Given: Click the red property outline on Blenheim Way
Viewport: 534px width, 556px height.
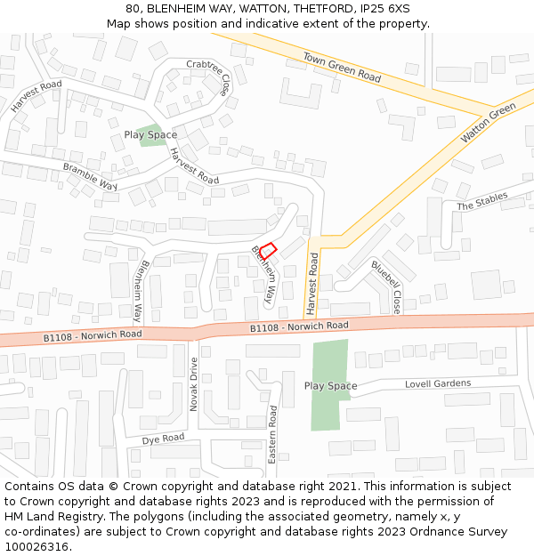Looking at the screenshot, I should (268, 251).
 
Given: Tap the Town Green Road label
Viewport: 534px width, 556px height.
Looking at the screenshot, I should (342, 67).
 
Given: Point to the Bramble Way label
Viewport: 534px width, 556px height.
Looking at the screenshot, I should (90, 176).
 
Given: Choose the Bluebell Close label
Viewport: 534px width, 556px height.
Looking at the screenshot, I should (386, 286).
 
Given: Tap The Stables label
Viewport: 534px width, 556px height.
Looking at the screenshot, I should (482, 201).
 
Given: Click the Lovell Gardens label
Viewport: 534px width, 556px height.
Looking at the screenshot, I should (438, 383).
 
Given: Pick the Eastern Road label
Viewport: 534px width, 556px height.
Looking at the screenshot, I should (273, 434).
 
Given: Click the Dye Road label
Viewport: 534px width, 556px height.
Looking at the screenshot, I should (163, 439).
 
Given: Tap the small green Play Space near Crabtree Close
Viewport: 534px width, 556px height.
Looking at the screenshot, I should (151, 135).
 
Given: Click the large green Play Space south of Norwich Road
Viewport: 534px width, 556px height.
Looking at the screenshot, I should (329, 384).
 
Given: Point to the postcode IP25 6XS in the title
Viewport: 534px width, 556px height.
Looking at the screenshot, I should (380, 9).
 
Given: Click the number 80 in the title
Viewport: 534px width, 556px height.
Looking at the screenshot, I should (133, 9).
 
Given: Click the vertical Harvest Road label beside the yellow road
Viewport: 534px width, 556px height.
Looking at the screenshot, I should (312, 283).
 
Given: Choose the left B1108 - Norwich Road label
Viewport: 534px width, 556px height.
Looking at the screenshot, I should (93, 335).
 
